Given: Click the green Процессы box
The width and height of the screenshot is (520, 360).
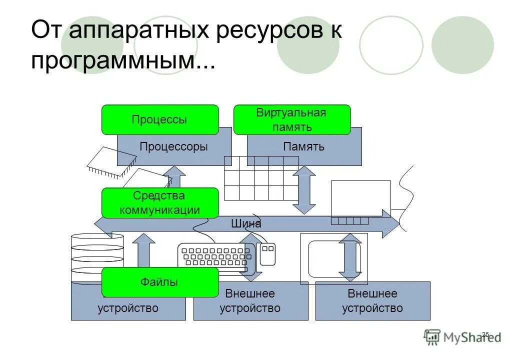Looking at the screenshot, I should [160, 120].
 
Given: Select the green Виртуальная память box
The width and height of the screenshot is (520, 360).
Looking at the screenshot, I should [292, 120].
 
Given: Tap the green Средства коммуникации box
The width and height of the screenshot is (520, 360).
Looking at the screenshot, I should [160, 203].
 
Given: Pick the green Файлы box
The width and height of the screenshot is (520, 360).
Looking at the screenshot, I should [160, 282].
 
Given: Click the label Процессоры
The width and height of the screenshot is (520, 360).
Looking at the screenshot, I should [173, 146].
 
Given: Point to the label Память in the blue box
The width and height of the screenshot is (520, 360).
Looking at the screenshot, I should [303, 146].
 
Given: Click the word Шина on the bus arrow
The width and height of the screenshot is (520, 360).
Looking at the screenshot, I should [246, 224].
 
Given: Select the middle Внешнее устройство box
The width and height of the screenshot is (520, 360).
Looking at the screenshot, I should [250, 301].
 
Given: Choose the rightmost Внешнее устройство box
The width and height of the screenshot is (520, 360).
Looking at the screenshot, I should [372, 301].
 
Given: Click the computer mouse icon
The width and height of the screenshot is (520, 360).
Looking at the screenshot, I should [267, 253].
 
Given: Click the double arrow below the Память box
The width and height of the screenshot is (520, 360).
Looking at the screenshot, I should [304, 190].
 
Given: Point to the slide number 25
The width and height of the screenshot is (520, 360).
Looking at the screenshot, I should [485, 334].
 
